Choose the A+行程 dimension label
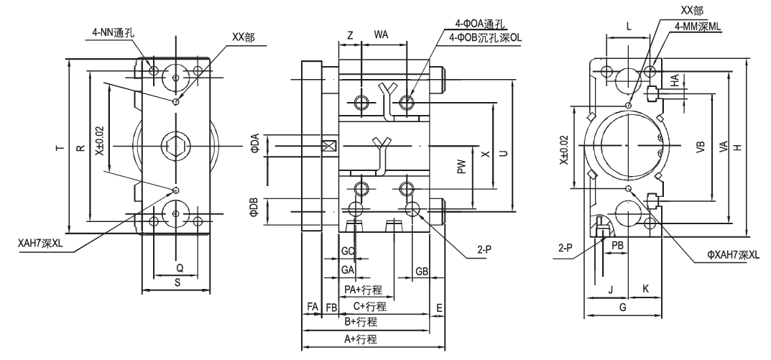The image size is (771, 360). (361, 340)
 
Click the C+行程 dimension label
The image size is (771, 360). (370, 307)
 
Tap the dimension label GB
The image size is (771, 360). (422, 270)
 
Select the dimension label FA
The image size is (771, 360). (312, 306)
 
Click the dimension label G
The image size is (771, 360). (622, 307)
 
